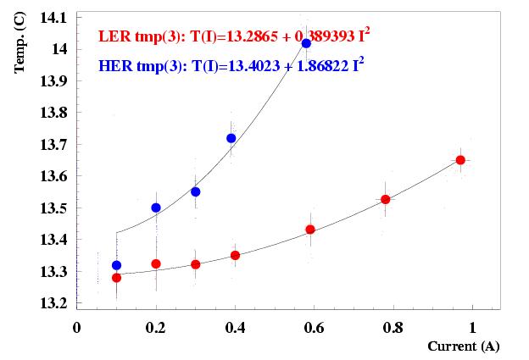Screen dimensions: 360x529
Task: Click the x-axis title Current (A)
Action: coord(463,346)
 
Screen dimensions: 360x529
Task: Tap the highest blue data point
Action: coord(306,43)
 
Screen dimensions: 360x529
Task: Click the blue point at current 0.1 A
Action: coord(116,265)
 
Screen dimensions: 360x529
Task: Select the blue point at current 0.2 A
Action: coord(156,208)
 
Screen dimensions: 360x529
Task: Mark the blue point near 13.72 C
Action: coord(231,138)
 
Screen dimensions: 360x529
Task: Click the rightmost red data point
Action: coord(460,160)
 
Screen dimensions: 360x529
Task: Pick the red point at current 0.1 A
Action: coord(116,278)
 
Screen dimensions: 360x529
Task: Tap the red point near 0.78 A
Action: coord(386,199)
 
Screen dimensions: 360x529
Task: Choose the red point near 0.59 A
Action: coord(310,230)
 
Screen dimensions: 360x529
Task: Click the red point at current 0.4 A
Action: coord(235,255)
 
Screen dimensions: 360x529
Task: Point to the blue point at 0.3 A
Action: coord(196,191)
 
